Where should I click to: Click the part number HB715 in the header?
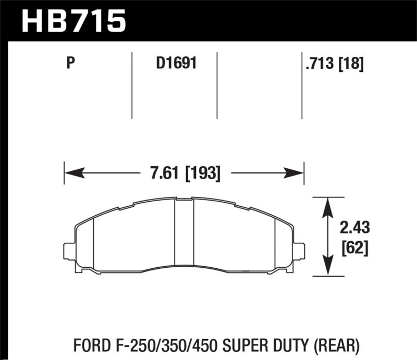point(73,20)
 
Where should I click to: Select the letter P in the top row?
point(71,64)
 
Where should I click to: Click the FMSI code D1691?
point(174,64)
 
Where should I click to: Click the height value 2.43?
point(355,227)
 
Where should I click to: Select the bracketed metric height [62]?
point(355,249)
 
